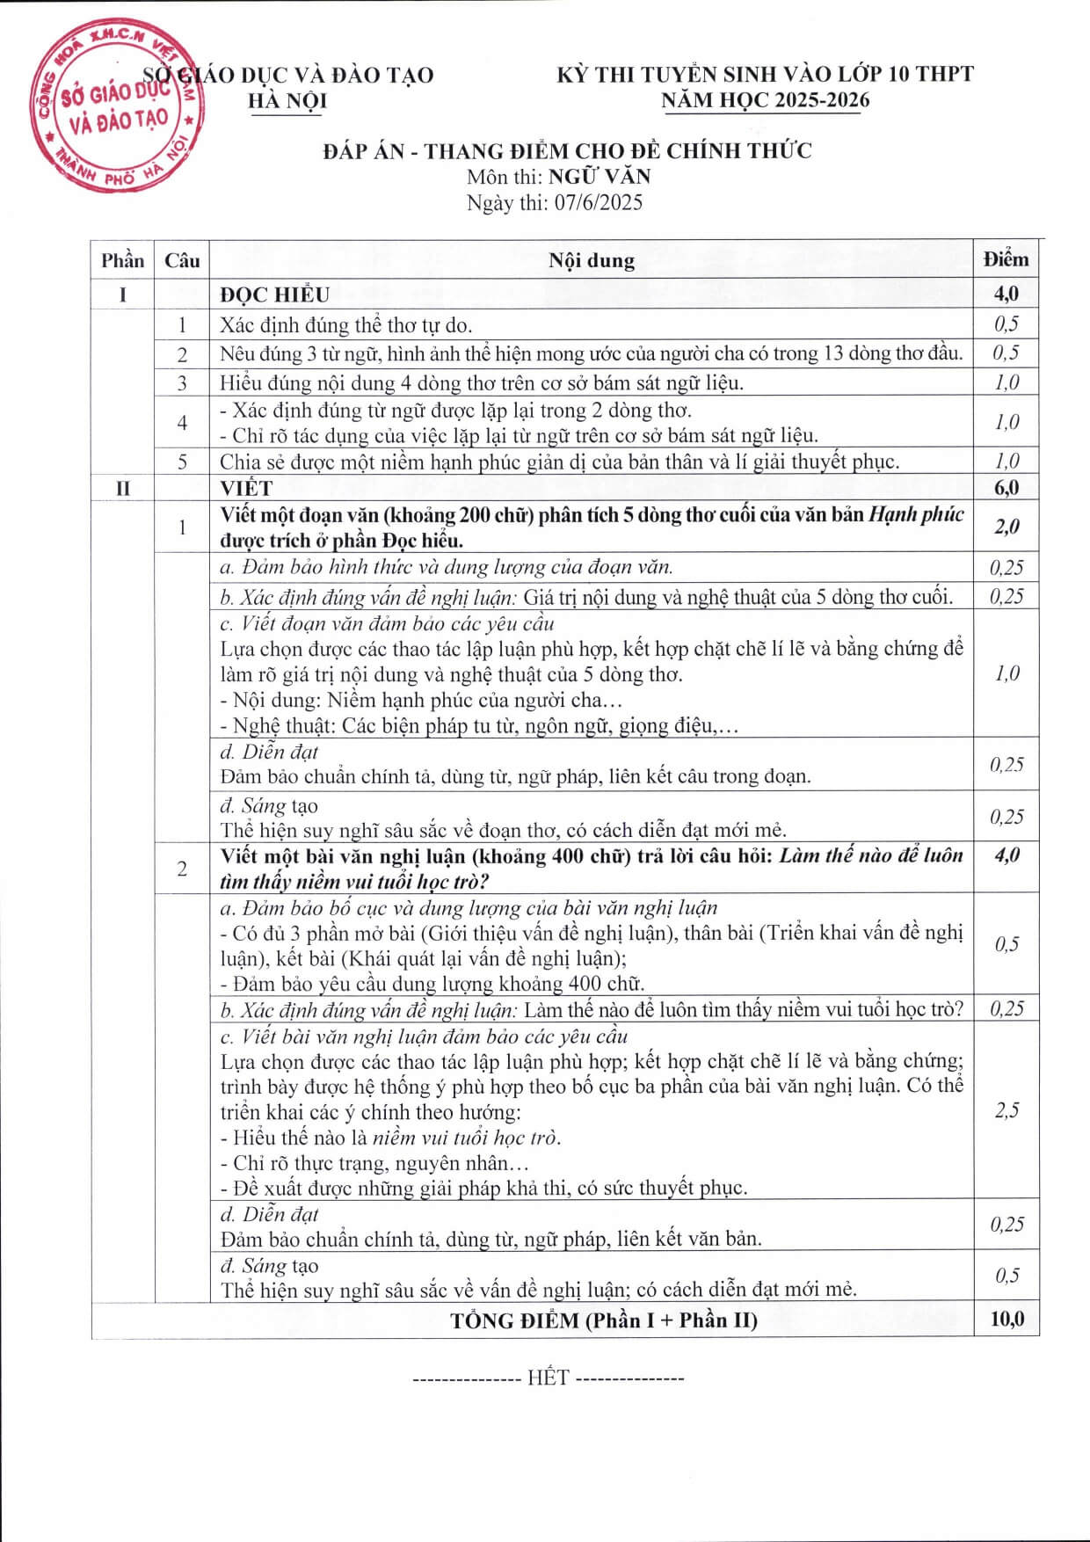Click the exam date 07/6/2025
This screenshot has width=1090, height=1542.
598,203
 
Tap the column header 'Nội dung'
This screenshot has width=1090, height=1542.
591,260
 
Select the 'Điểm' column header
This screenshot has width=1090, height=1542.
1006,259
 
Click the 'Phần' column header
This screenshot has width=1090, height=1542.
122,260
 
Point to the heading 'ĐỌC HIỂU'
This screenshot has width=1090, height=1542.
274,295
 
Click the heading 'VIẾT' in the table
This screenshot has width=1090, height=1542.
246,488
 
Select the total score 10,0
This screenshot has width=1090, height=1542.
1006,1319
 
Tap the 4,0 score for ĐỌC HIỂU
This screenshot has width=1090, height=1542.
1006,294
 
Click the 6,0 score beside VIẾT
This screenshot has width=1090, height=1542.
1006,488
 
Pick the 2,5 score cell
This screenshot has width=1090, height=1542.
1006,1110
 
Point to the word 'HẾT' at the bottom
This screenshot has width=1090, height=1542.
549,1378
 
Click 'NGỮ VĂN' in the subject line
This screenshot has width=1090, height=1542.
599,176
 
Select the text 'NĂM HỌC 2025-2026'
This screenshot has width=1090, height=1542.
765,100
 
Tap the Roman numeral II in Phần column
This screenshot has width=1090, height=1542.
122,488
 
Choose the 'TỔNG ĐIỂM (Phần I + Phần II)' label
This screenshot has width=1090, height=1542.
604,1320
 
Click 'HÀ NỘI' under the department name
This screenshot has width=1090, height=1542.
287,101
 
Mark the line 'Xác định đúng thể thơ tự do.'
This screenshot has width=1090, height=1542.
346,325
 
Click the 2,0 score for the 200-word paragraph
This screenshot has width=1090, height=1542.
1006,527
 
